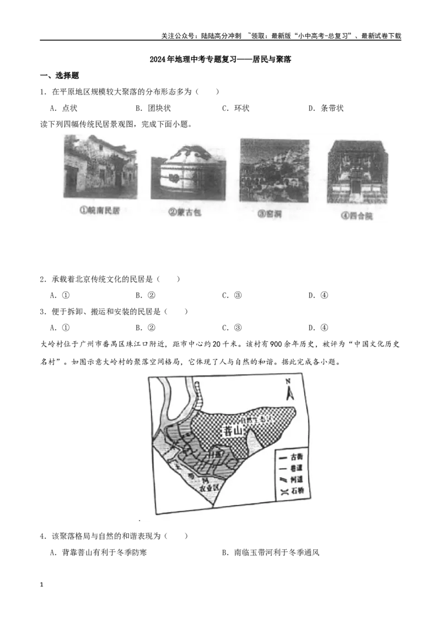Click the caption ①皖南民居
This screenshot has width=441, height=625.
[x=99, y=211]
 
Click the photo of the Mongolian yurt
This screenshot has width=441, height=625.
[x=187, y=172]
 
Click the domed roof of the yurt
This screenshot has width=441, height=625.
[x=187, y=154]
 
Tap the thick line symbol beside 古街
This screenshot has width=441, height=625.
[x=283, y=457]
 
